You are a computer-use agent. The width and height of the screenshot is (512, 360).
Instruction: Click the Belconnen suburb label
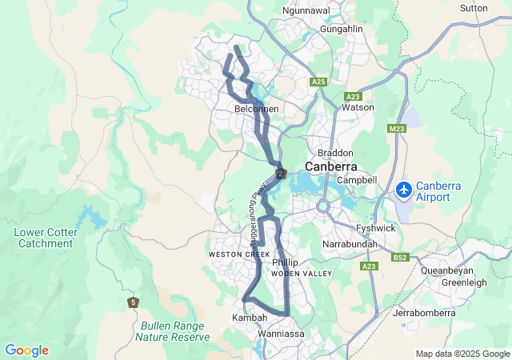tap(256, 108)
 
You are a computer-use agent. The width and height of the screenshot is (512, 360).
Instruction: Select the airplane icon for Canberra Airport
tap(405, 190)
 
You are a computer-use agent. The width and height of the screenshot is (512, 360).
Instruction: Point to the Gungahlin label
tap(342, 29)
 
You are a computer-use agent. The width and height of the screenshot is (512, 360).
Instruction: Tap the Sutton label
tap(474, 8)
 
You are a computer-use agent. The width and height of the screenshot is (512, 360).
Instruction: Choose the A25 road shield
tap(319, 82)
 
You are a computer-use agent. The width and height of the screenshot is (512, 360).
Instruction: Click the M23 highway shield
tap(397, 128)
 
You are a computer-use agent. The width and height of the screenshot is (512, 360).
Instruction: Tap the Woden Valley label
tap(301, 274)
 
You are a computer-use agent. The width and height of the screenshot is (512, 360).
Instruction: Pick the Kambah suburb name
tap(249, 318)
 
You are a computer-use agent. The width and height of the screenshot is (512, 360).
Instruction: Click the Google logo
tap(26, 350)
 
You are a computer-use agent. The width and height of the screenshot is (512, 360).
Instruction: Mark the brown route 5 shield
tap(133, 302)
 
